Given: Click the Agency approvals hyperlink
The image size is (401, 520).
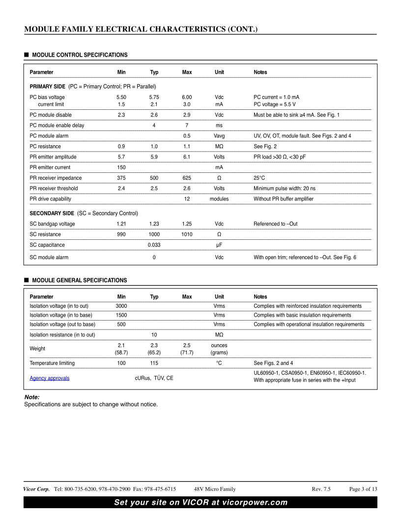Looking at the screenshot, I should tap(50, 378).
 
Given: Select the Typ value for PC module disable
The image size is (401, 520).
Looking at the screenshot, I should tap(154, 115).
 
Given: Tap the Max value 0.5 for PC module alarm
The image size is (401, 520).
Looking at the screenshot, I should tap(187, 135).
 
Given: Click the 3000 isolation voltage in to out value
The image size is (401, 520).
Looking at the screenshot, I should tap(121, 306).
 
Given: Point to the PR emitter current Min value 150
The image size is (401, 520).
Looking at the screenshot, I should tap(121, 167).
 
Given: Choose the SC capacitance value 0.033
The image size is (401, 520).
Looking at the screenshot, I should tap(154, 245).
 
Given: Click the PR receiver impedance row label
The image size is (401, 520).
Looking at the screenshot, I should tap(56, 178).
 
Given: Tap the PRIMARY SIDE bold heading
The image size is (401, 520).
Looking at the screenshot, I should tap(48, 87).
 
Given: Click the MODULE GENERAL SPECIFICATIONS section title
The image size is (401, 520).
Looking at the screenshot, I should tap(79, 280).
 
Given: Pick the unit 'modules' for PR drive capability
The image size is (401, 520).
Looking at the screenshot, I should tap(219, 199).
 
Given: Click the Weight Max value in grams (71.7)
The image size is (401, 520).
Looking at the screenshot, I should tap(187, 353).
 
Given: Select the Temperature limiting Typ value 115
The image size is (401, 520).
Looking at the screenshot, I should tap(154, 363).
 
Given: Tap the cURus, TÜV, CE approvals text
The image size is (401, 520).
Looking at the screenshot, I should tap(154, 378).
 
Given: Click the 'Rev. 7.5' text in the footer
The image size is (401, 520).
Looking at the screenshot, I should tap(321, 489).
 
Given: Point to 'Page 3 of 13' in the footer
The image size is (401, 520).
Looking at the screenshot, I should tap(363, 489).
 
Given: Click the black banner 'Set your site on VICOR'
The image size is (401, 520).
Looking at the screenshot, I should tap(200, 502).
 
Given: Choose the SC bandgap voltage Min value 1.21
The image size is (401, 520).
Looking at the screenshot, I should tap(121, 224).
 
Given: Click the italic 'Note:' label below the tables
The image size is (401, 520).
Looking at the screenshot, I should tap(32, 397).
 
